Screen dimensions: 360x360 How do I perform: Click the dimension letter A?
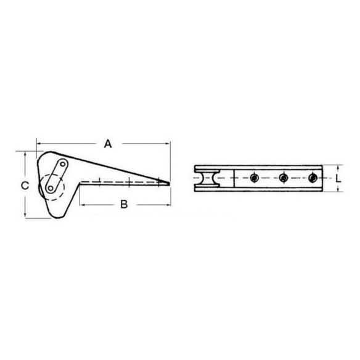click(108, 144)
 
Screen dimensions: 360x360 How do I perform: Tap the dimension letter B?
click(124, 204)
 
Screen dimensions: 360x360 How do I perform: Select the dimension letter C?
click(25, 186)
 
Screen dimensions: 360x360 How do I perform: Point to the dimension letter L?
click(338, 178)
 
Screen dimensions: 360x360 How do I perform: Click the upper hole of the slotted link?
click(62, 164)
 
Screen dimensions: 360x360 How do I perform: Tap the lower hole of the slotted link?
click(51, 189)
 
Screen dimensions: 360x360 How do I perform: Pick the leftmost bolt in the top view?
click(254, 178)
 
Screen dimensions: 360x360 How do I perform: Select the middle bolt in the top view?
click(284, 178)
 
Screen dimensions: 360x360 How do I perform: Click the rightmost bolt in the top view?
click(313, 178)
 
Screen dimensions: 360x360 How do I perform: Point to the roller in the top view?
click(207, 178)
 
